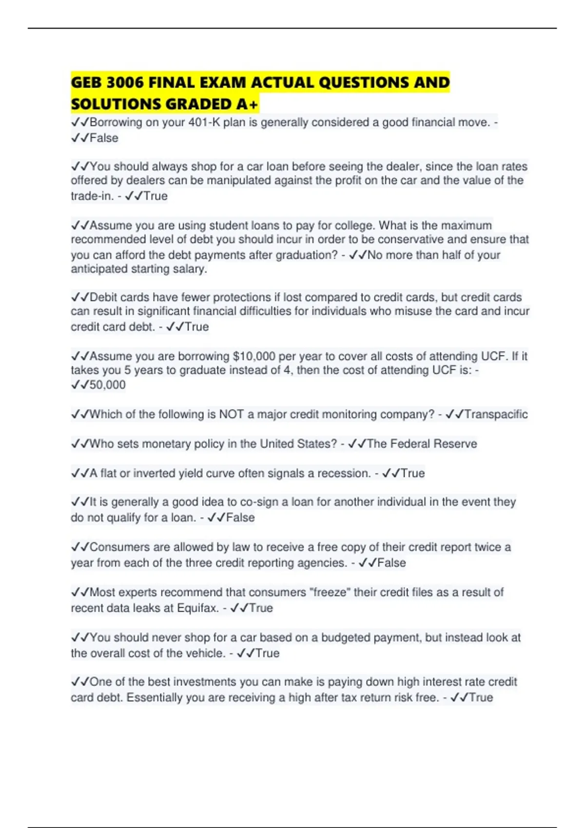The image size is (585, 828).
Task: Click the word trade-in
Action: click(x=92, y=196)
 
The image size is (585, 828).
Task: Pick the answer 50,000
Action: click(x=107, y=385)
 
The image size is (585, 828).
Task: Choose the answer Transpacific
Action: click(x=496, y=414)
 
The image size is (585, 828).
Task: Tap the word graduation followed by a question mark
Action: click(x=307, y=255)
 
